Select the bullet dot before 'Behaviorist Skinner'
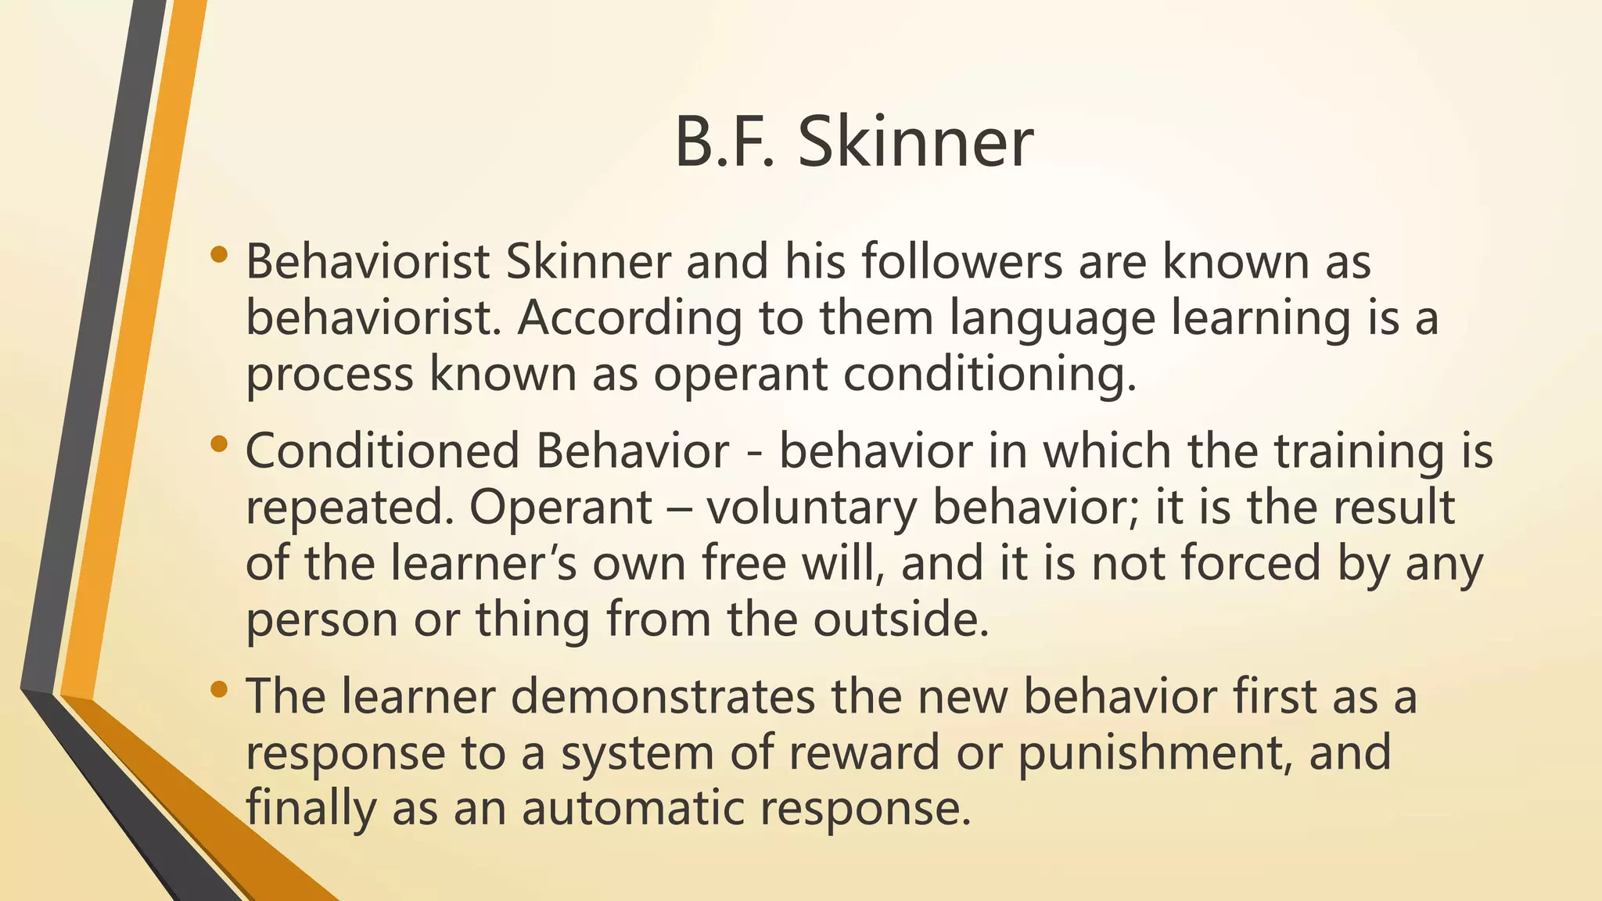[x=219, y=254]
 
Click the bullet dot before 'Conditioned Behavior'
[x=219, y=444]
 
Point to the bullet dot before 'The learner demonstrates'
[x=219, y=690]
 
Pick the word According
[x=629, y=319]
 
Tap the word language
[x=1052, y=319]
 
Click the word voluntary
[x=811, y=508]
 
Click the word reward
[x=863, y=752]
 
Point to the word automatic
[x=632, y=808]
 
